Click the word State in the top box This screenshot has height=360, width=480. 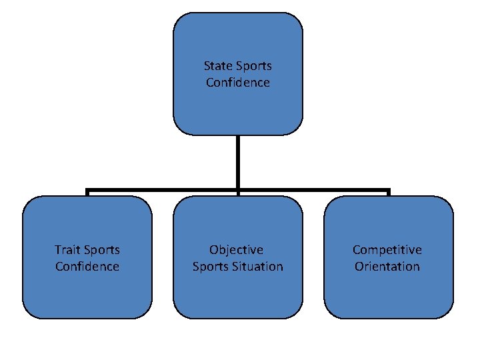coord(217,66)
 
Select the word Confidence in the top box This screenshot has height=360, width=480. coord(238,83)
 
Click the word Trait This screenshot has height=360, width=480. coord(67,250)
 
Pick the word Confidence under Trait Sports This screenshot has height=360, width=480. coord(87,267)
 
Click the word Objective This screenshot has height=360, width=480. coord(237,250)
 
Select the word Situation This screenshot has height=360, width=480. coord(259,267)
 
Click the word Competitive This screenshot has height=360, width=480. coord(387,250)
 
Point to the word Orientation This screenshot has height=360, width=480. coord(387,267)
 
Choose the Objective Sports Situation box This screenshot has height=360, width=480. coord(238,293)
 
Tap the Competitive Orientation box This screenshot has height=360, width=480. coord(389,293)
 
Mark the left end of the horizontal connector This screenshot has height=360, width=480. coord(88,191)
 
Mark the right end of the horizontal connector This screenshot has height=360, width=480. coord(388,191)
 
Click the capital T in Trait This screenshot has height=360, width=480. coord(57,250)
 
